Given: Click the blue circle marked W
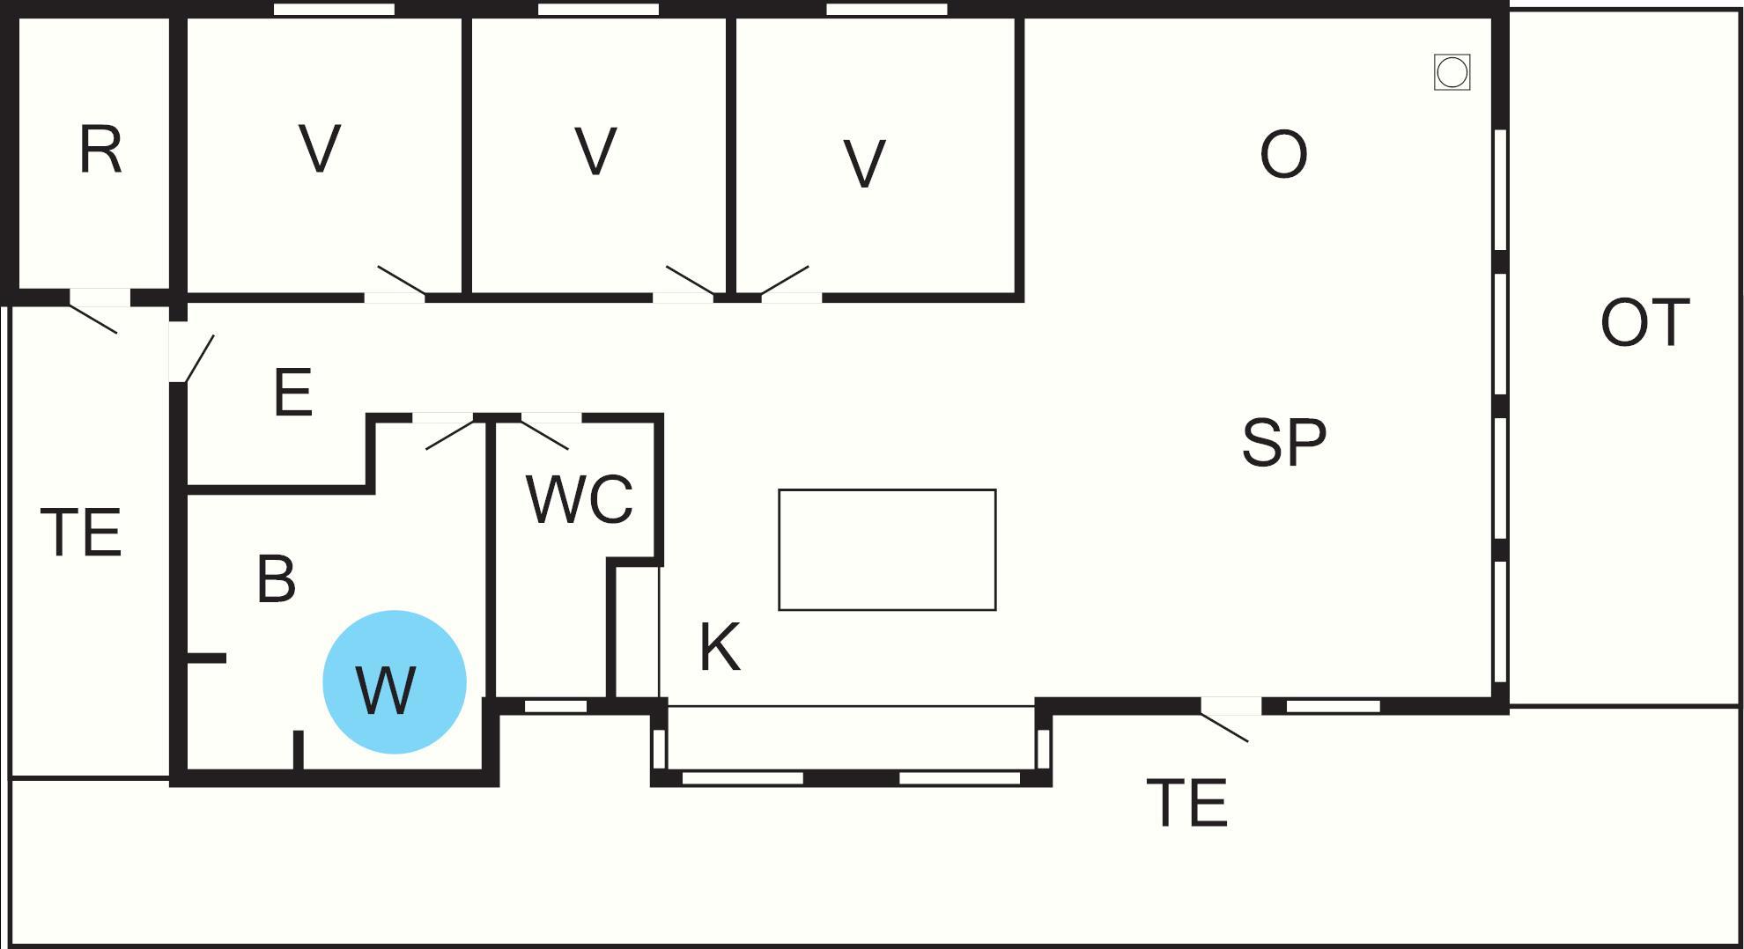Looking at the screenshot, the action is coord(395,682).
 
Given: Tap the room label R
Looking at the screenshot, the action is coord(100,151).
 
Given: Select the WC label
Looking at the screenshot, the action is coord(580,500).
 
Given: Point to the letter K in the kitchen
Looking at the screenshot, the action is coord(720,647).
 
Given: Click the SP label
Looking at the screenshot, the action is coord(1283,442).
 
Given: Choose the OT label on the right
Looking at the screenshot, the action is coord(1644,323).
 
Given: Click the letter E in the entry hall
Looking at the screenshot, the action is coord(293,393).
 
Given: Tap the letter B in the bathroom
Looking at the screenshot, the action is coord(276,578).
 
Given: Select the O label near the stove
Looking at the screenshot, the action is coord(1283,155).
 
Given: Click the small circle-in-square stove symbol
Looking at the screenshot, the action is coord(1452,72).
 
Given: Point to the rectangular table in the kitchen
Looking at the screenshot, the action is coord(887,549).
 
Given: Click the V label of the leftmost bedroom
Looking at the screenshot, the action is coord(320,149).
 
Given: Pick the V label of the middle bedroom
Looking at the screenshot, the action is coord(595,151).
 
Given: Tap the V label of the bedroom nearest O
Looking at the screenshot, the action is coord(864,164).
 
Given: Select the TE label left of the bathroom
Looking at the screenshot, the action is coord(81,533).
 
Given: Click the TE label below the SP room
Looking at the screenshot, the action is coord(1187,802).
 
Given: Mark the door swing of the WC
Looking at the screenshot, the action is coord(544,435).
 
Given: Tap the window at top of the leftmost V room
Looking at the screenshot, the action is coord(334,10).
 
